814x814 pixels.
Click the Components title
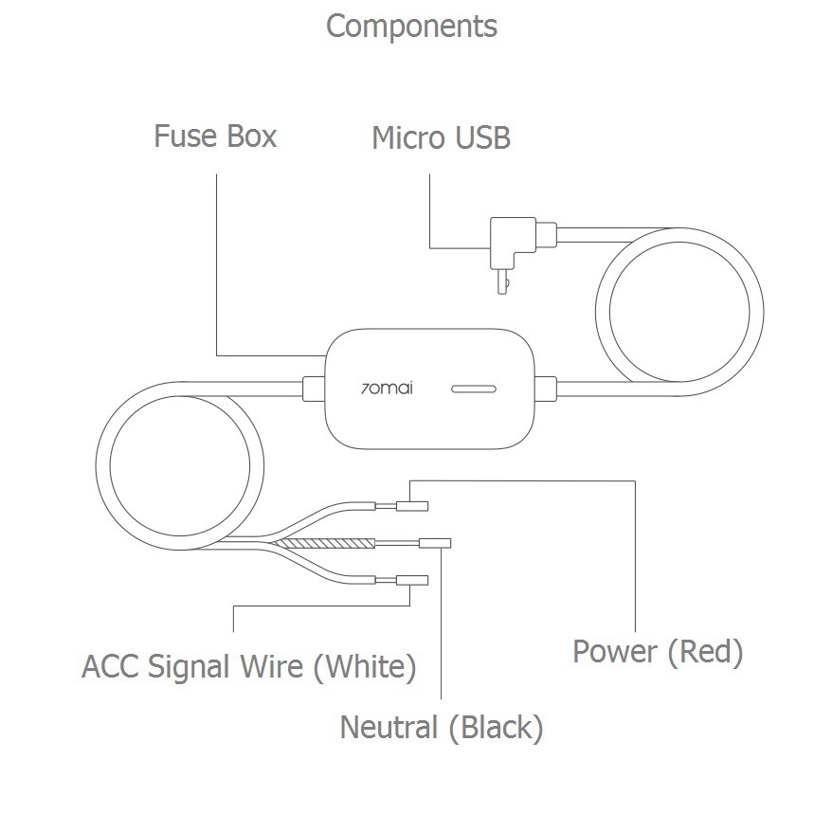(x=411, y=27)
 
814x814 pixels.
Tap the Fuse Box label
(x=215, y=136)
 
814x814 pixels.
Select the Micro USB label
(x=441, y=138)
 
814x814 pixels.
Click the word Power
(x=615, y=652)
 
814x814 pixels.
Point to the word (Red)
(x=705, y=652)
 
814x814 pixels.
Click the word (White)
(x=365, y=667)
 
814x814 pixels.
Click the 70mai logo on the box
(x=388, y=388)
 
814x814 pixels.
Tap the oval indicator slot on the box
(x=475, y=389)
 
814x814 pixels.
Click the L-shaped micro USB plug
(x=513, y=244)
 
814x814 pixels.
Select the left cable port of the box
(x=310, y=387)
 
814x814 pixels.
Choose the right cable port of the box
(x=544, y=387)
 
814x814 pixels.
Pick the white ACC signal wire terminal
(x=412, y=580)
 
